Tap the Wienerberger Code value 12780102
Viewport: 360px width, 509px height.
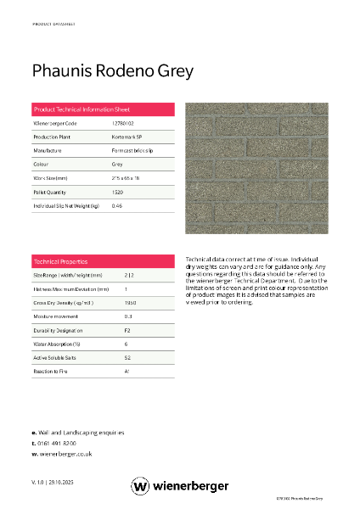click(122, 124)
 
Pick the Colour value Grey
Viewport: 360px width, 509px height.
click(117, 165)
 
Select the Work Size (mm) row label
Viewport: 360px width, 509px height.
click(50, 178)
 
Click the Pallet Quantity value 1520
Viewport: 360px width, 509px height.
click(117, 193)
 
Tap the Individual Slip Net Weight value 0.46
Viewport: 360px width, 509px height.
click(117, 206)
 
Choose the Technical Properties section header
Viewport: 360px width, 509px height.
click(60, 261)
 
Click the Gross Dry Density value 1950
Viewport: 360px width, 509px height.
click(130, 303)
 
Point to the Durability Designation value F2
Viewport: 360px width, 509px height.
click(127, 330)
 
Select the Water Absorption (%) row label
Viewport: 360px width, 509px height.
click(56, 344)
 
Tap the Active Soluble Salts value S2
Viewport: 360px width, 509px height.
click(127, 357)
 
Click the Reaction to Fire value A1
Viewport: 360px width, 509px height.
click(127, 371)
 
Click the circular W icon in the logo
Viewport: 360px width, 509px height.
click(141, 486)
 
